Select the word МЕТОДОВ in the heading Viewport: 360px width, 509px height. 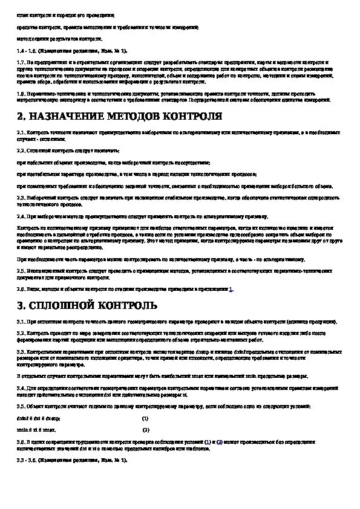[137, 116]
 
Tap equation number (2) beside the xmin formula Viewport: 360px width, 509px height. [145, 429]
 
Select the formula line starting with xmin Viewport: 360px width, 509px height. [36, 429]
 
